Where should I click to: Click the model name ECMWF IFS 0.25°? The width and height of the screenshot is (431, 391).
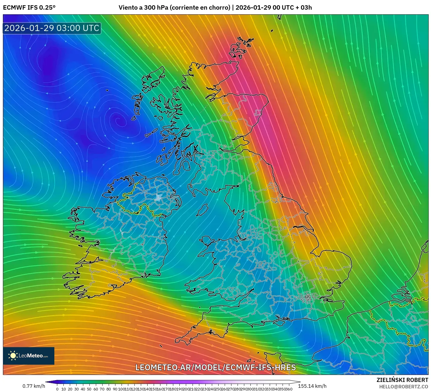(x=29, y=8)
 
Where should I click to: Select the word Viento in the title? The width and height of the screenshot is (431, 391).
(x=127, y=8)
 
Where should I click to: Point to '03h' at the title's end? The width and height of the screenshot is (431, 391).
(x=306, y=8)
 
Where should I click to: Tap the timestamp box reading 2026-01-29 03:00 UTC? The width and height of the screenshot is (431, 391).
(x=52, y=28)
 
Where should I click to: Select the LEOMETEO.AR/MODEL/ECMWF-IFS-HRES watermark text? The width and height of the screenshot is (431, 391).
(x=216, y=367)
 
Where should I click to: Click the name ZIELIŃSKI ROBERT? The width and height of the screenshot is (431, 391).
(x=402, y=380)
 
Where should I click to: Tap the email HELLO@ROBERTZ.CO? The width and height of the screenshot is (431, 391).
(x=404, y=387)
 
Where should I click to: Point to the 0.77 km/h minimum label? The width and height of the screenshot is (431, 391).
(x=34, y=386)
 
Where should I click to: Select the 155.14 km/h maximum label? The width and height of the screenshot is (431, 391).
(x=312, y=386)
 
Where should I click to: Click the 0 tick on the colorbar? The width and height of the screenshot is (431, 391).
(x=57, y=389)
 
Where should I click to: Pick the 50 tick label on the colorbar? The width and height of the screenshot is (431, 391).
(x=89, y=389)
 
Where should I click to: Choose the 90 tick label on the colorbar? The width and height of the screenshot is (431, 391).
(x=115, y=389)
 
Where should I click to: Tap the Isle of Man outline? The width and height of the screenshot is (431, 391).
(x=202, y=210)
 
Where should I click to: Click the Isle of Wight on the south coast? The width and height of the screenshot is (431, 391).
(x=279, y=322)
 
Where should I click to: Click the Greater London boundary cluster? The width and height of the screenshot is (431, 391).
(x=307, y=298)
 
